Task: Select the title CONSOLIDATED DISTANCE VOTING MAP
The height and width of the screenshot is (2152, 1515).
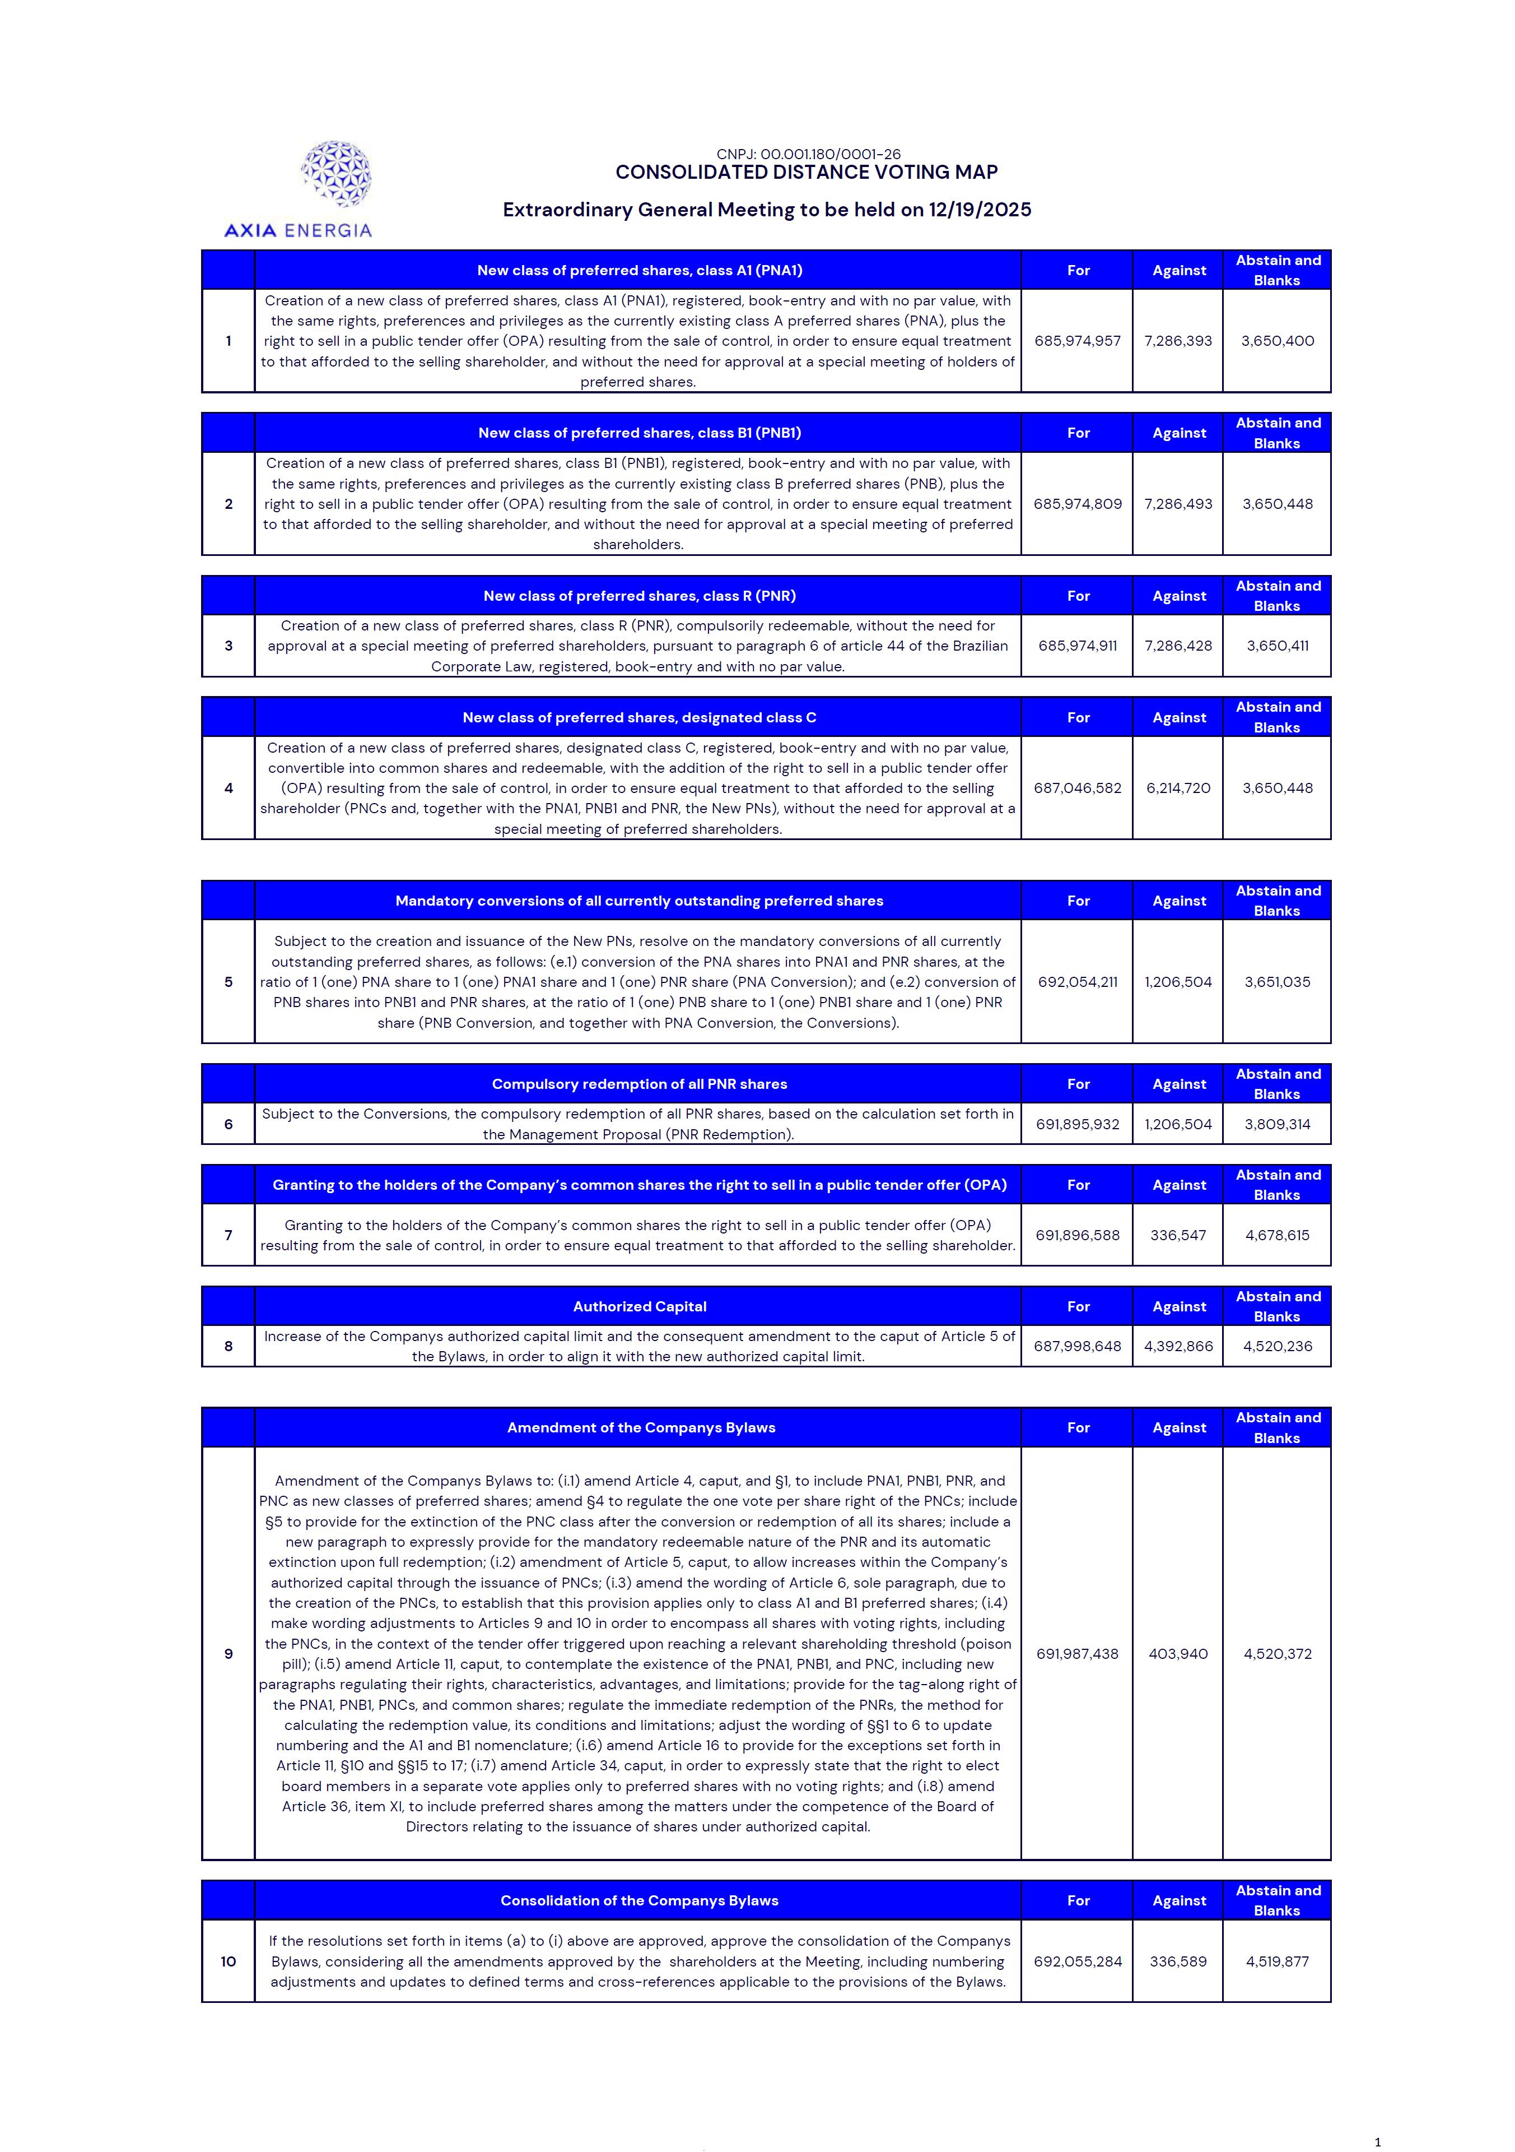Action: [806, 173]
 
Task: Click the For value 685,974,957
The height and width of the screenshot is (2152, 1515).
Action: [1078, 341]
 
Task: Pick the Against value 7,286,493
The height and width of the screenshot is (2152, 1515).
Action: [1178, 504]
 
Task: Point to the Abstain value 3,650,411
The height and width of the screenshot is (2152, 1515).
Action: [1277, 646]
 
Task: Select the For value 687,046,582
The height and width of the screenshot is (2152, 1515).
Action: [1078, 789]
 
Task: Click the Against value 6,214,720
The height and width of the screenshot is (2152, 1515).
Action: [1178, 789]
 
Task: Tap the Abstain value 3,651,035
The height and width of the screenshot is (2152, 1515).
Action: [1277, 982]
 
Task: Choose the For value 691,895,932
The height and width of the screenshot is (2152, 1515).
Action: [1078, 1125]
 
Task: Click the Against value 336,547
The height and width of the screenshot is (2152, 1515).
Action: [1178, 1235]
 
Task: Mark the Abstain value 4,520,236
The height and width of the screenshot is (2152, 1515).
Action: [1277, 1347]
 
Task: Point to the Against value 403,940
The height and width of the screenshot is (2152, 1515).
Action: [1178, 1654]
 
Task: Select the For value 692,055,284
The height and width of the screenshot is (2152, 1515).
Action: [1078, 1961]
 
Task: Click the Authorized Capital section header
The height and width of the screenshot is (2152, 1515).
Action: [639, 1306]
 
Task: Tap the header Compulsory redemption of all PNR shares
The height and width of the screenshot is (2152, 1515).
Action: [639, 1084]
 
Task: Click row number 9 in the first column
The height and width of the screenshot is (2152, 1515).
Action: [229, 1654]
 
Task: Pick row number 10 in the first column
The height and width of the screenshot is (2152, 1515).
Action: [229, 1961]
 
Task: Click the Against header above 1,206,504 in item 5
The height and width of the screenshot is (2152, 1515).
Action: [1178, 901]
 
